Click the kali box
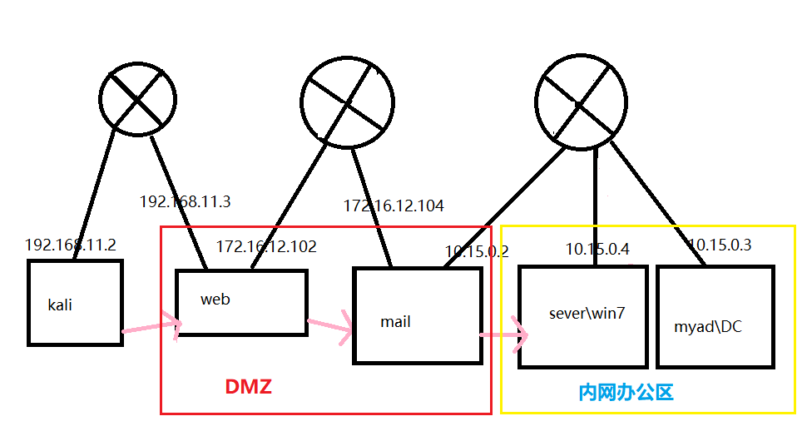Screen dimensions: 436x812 pyautogui.click(x=75, y=302)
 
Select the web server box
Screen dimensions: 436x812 pyautogui.click(x=241, y=302)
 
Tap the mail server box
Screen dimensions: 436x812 pyautogui.click(x=418, y=315)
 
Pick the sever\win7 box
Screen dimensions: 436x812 pyautogui.click(x=582, y=316)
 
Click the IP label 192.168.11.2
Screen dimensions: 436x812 pyautogui.click(x=71, y=245)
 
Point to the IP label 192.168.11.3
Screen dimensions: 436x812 pyautogui.click(x=184, y=201)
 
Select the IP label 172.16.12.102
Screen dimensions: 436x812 pyautogui.click(x=266, y=246)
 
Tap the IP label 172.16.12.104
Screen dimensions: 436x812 pyautogui.click(x=394, y=205)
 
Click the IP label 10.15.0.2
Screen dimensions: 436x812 pyautogui.click(x=477, y=250)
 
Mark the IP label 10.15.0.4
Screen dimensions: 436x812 pyautogui.click(x=597, y=248)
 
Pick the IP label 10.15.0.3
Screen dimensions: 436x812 pyautogui.click(x=720, y=245)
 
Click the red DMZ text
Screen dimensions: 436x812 pyautogui.click(x=249, y=387)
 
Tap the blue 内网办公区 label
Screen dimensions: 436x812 pyautogui.click(x=626, y=392)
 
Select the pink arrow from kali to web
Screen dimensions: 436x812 pyautogui.click(x=151, y=327)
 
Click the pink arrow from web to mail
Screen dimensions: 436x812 pyautogui.click(x=330, y=328)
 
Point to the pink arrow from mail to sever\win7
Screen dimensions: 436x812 pyautogui.click(x=503, y=335)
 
